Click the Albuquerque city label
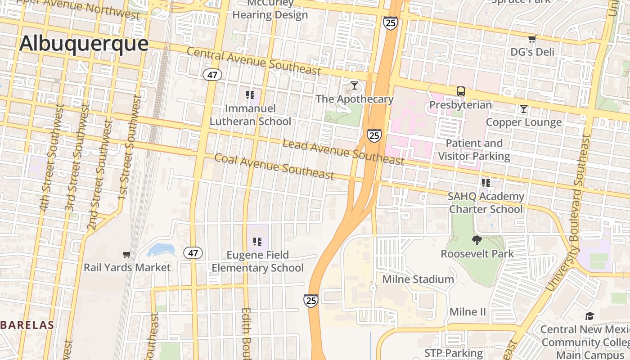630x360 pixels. [x=84, y=44]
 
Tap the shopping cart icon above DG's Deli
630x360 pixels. [x=532, y=39]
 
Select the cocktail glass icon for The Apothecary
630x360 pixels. [x=355, y=85]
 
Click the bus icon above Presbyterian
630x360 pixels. [x=460, y=91]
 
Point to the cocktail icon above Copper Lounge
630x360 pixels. [x=523, y=108]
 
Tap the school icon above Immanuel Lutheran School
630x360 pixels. [x=250, y=94]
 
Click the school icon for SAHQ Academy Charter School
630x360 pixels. [x=486, y=183]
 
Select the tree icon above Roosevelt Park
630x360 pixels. [x=477, y=240]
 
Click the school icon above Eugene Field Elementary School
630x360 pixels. [x=257, y=242]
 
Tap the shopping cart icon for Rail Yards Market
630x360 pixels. [x=127, y=254]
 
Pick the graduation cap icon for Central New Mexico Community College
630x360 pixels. [x=589, y=316]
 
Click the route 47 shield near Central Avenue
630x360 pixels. [x=212, y=75]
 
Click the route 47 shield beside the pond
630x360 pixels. [x=193, y=253]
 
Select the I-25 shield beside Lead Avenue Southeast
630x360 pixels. [x=374, y=135]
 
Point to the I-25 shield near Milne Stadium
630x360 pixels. [x=310, y=300]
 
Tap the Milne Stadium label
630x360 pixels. [x=418, y=279]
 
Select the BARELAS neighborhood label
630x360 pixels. [x=27, y=325]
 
